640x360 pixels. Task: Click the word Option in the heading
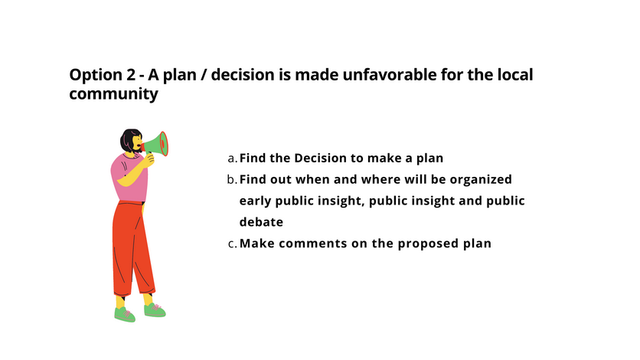(x=96, y=76)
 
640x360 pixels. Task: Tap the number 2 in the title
(x=131, y=75)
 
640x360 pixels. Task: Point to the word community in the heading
(x=113, y=94)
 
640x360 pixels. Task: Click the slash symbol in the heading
(x=204, y=75)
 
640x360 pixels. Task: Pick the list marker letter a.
(x=232, y=159)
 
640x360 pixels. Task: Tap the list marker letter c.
(x=232, y=244)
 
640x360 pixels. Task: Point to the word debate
(x=261, y=222)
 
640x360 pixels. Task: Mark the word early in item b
(x=255, y=201)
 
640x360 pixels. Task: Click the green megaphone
(x=156, y=144)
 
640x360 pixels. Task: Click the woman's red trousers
(x=132, y=248)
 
